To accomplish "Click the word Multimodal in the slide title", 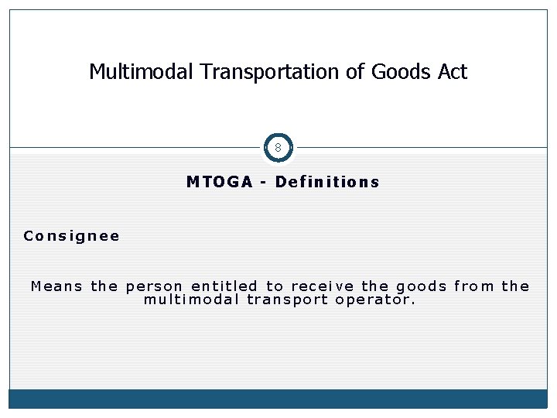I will click(141, 72).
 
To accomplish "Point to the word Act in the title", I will click(453, 72).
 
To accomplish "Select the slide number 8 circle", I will click(278, 147).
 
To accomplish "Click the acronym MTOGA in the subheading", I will click(220, 183).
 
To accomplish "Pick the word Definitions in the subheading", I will click(327, 183).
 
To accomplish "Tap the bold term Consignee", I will click(72, 236).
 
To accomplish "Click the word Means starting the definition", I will click(57, 286).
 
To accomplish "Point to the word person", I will click(154, 286).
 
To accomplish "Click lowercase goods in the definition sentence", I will click(422, 286).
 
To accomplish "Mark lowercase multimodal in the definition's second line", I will click(191, 300).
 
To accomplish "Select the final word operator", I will click(376, 300).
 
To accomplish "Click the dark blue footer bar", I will click(278, 399).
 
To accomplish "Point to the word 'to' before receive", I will click(275, 286).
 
